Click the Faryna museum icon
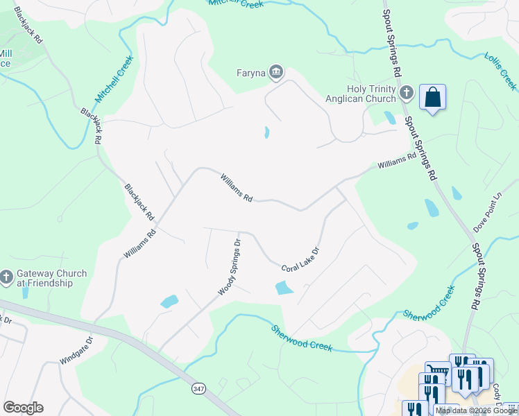(276, 72)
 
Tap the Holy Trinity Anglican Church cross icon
(407, 92)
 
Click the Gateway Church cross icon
(6, 277)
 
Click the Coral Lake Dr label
(300, 260)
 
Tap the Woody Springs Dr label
(230, 268)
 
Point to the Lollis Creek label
(501, 71)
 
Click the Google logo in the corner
(23, 408)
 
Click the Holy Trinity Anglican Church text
(371, 93)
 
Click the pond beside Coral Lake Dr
(284, 288)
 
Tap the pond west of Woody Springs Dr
(169, 302)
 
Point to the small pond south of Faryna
(266, 132)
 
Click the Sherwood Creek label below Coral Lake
(302, 338)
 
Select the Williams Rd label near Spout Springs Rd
(397, 161)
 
